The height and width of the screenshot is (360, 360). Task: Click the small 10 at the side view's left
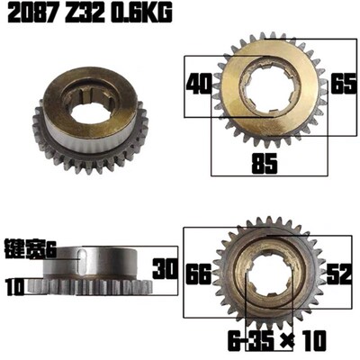13,289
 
